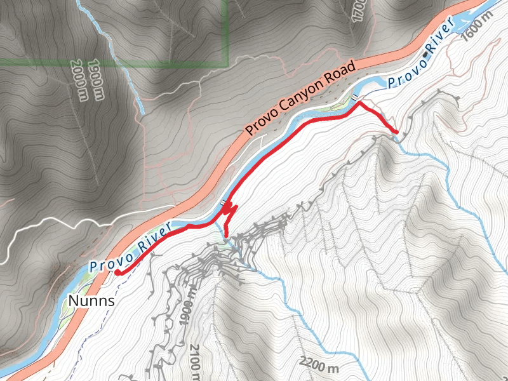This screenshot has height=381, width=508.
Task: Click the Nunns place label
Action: [x=91, y=300]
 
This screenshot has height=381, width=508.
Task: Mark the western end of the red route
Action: [x=117, y=272]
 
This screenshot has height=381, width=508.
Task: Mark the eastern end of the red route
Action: [x=397, y=131]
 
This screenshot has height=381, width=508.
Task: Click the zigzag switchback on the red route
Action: [x=229, y=210]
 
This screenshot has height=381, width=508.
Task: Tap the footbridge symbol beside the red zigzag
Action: [x=223, y=203]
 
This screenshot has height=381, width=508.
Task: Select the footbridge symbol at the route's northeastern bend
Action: [x=355, y=97]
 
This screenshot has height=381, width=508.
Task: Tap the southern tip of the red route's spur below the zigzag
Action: [x=227, y=235]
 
